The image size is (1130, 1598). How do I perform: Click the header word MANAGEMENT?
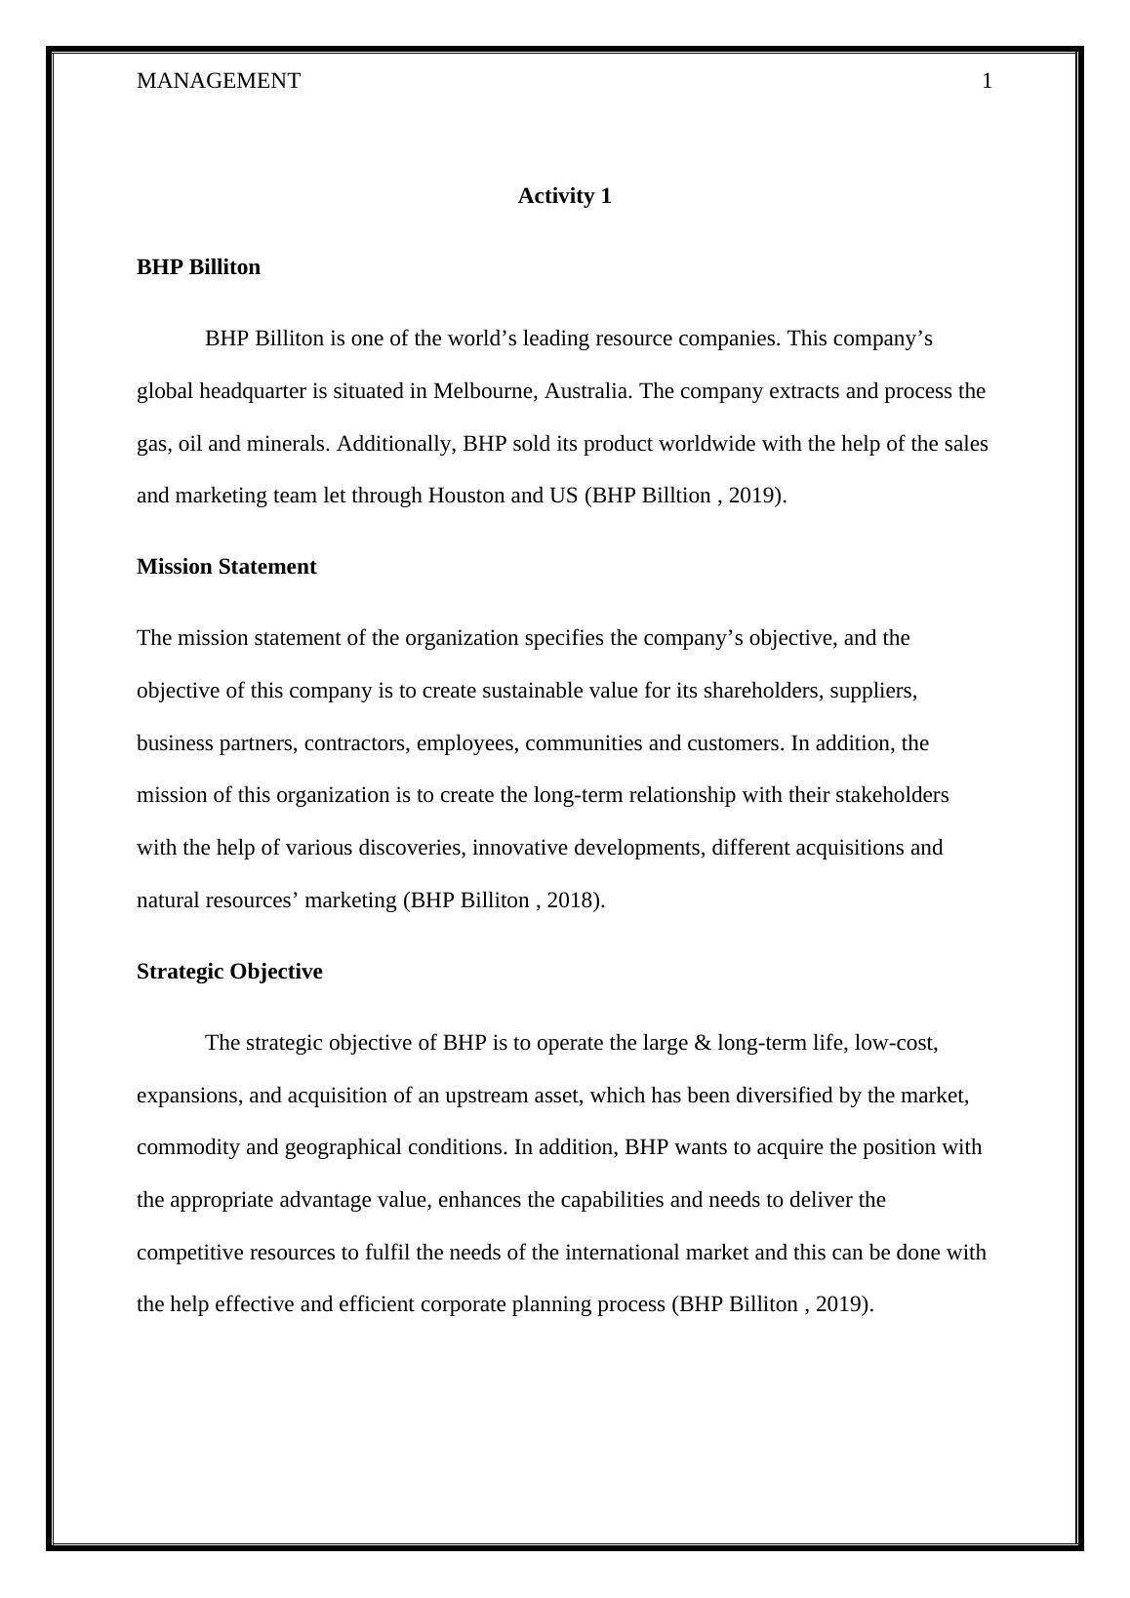pyautogui.click(x=219, y=81)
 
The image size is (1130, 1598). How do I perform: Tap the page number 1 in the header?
pyautogui.click(x=987, y=81)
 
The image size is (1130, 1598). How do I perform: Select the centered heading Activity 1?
pyautogui.click(x=564, y=196)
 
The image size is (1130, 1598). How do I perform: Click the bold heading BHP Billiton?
pyautogui.click(x=198, y=267)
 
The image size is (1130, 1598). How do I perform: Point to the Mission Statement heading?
pyautogui.click(x=226, y=567)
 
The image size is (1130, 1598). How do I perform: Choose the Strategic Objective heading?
pyautogui.click(x=229, y=972)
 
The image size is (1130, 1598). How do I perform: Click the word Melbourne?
pyautogui.click(x=483, y=391)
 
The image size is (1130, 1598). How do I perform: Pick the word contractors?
pyautogui.click(x=356, y=743)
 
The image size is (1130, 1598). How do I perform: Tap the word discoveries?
pyautogui.click(x=411, y=848)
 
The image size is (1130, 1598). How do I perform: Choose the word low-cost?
pyautogui.click(x=897, y=1043)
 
